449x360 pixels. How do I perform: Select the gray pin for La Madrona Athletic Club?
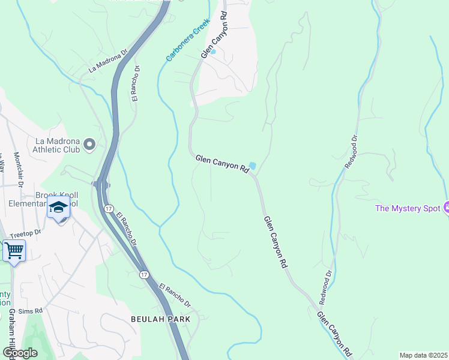(90, 144)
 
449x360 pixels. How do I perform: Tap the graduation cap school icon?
(58, 208)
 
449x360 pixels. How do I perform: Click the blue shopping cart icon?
(14, 250)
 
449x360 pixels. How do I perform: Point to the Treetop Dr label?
(25, 232)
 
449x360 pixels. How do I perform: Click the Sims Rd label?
(30, 311)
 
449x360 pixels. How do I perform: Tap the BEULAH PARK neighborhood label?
(160, 319)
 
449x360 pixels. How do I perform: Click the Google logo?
(20, 353)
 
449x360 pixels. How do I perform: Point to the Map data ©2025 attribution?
(423, 355)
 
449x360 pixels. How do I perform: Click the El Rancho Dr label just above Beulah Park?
(175, 295)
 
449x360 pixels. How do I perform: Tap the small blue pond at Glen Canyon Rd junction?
(252, 166)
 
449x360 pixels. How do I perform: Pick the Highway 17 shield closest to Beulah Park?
(144, 274)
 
